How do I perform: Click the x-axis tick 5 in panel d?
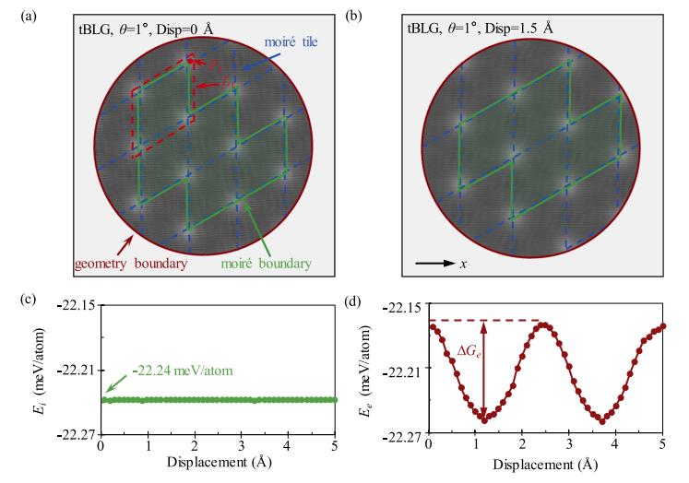[x=663, y=447]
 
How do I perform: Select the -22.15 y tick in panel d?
[x=403, y=306]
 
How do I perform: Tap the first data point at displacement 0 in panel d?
[x=430, y=326]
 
